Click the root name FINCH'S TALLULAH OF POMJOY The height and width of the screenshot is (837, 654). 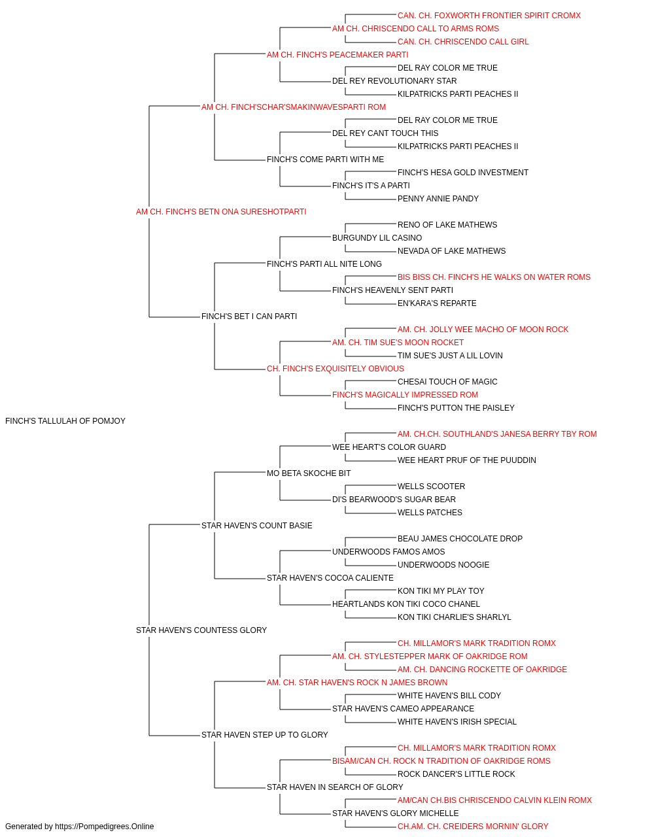point(65,421)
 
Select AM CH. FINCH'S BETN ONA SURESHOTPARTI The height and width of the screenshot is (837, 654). point(221,212)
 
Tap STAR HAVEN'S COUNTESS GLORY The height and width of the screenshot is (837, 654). point(201,630)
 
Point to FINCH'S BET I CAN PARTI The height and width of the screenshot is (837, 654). point(249,316)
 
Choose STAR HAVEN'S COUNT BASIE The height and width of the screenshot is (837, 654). point(256,525)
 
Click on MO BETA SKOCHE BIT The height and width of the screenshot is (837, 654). point(309,473)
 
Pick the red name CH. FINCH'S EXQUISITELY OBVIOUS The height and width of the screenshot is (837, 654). point(335,369)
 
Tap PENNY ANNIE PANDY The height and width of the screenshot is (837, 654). point(438,198)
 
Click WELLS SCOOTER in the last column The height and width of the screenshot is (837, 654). point(431,486)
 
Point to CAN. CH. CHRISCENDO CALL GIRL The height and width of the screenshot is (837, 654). point(463,42)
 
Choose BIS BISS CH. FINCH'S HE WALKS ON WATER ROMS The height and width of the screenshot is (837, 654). point(494,277)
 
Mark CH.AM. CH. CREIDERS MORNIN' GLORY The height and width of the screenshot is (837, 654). point(473,827)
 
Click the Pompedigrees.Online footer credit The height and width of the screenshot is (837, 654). point(79,827)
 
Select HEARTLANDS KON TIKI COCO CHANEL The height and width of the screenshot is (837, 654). point(406,604)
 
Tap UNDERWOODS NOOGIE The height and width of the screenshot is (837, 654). point(443,565)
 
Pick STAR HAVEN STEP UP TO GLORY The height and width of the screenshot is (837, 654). point(264,734)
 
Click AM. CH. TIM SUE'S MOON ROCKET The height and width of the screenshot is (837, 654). point(398,343)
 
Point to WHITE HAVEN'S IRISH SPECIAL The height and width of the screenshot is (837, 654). point(456,721)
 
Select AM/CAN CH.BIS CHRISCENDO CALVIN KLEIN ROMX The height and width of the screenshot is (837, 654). point(494,800)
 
